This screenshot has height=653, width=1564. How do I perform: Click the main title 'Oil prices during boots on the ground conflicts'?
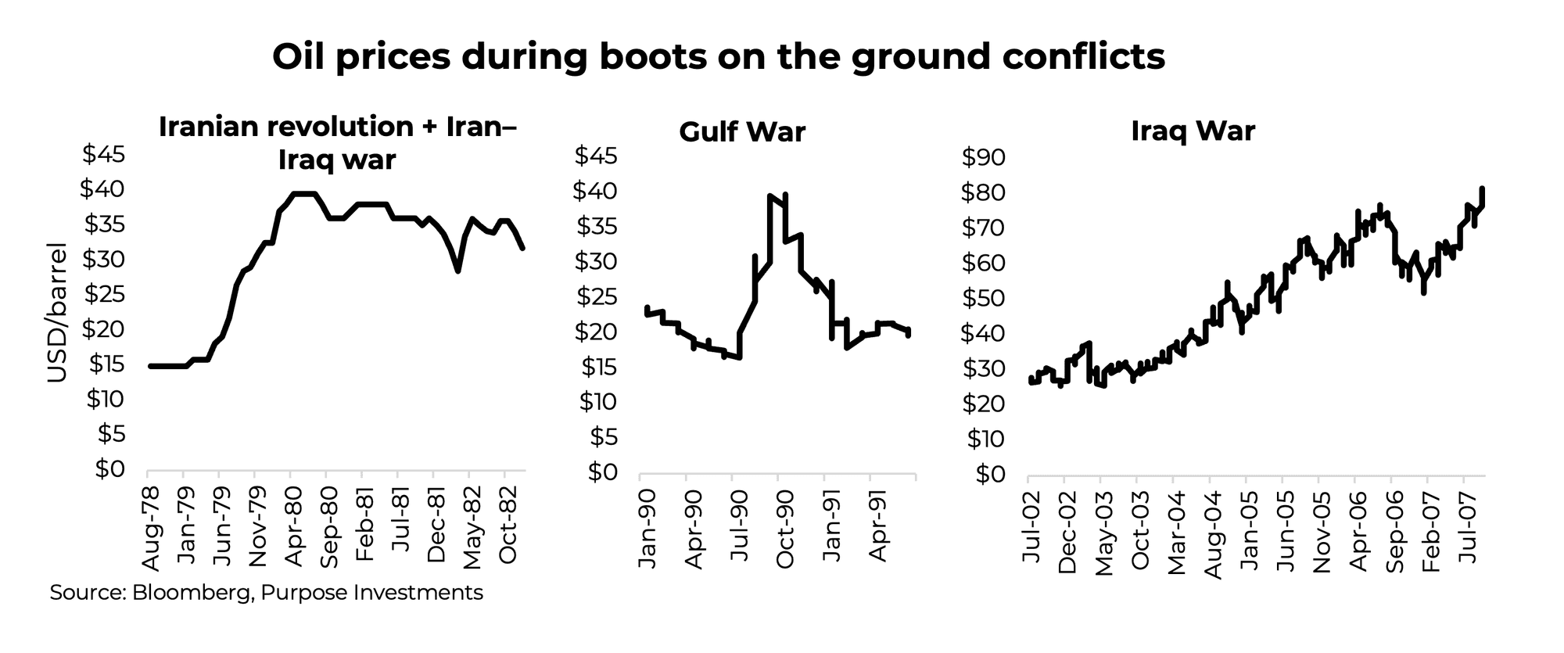coord(718,58)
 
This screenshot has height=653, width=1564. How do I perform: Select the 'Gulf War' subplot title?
coord(741,131)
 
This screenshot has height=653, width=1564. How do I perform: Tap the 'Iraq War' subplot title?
coord(1193,131)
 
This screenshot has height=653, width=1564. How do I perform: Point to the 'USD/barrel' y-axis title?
coord(57,313)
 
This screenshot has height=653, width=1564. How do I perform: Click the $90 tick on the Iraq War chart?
coord(983,159)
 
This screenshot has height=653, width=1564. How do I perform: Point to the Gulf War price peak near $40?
coord(771,196)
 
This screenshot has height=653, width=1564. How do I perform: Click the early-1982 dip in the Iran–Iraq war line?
coord(457,271)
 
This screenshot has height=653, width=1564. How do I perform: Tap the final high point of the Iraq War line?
coord(1482,188)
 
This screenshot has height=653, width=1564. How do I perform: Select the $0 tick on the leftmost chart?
coord(109,469)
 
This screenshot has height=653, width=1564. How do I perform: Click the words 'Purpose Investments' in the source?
coord(371,593)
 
